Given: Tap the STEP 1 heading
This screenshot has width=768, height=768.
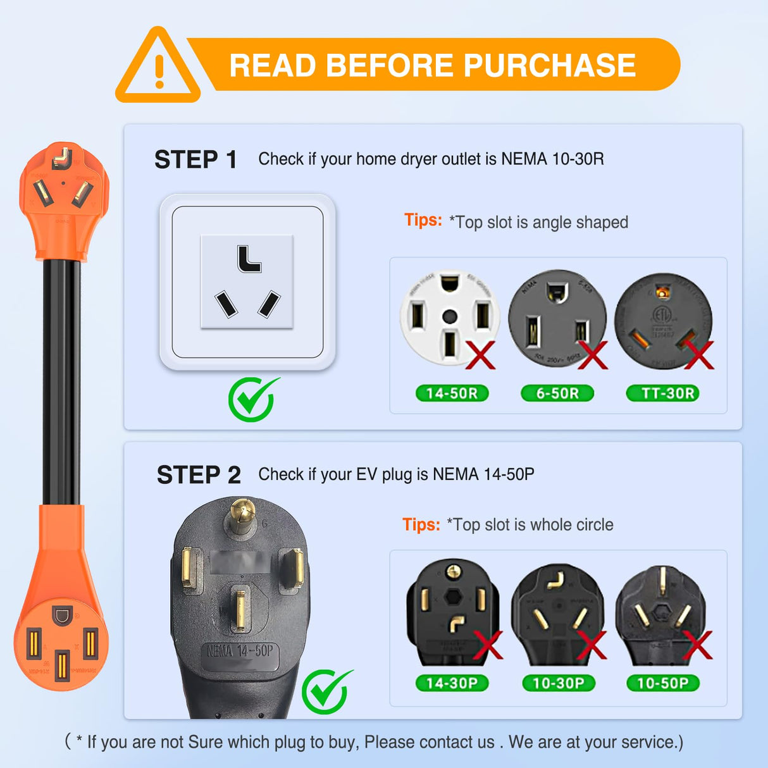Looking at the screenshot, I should (195, 160).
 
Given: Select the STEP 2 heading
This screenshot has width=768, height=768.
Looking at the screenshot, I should (199, 475).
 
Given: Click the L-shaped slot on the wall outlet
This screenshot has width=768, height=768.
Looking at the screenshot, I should (249, 259).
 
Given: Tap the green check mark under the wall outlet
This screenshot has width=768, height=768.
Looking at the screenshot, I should (252, 399).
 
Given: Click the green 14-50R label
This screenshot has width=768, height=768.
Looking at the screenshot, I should (452, 393).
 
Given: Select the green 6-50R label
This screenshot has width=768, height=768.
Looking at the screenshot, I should (557, 393).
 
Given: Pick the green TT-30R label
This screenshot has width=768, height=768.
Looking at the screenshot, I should (667, 393).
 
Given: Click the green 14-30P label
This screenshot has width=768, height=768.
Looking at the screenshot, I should (452, 683).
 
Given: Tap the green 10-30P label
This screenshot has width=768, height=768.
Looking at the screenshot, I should (559, 683).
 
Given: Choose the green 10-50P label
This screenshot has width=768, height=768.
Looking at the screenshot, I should (662, 683).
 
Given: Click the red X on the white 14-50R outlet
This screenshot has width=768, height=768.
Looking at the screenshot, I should (481, 355).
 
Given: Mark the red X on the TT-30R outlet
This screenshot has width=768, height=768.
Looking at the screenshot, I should (698, 355).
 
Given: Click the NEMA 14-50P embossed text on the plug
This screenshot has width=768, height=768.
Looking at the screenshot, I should (240, 650).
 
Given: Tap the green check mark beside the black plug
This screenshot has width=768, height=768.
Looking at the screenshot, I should (326, 691).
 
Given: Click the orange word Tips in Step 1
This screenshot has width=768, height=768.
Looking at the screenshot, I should (423, 220).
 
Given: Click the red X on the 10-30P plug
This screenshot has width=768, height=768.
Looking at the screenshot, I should (591, 645).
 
